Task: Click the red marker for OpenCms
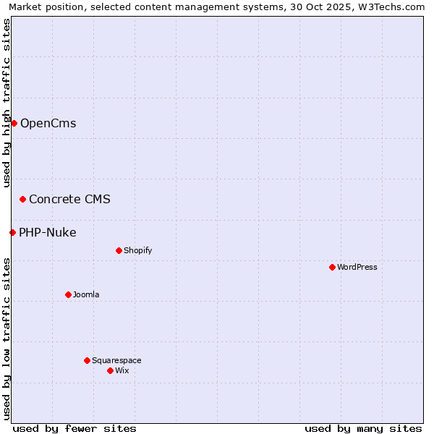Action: click(14, 123)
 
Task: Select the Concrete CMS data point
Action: click(22, 199)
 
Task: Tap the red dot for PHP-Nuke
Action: click(12, 232)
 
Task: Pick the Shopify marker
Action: click(119, 250)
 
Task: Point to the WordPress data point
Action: click(332, 267)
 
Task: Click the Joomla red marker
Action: click(68, 294)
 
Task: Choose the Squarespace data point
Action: click(87, 360)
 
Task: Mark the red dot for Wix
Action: click(110, 370)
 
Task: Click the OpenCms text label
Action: click(48, 123)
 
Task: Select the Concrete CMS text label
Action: click(69, 199)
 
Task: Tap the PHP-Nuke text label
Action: click(47, 232)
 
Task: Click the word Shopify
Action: click(137, 250)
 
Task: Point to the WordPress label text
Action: click(357, 267)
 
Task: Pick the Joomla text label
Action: click(86, 294)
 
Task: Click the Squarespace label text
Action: click(116, 360)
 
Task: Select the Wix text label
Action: click(122, 370)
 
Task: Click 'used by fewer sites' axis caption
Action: click(75, 428)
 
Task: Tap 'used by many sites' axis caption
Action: click(363, 428)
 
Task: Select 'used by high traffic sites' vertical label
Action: click(7, 103)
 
